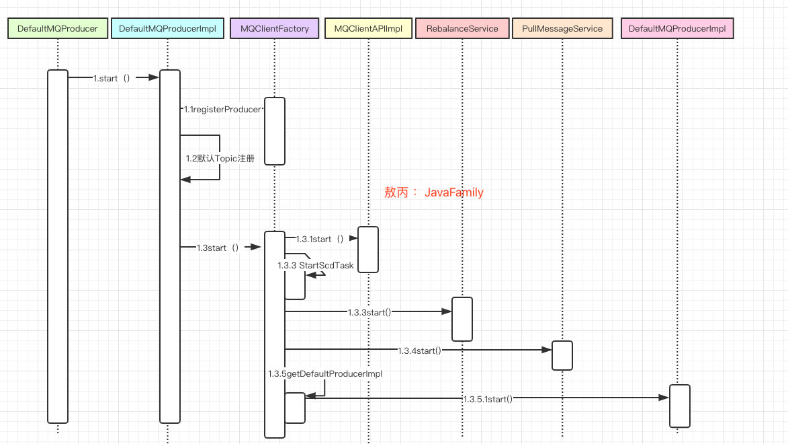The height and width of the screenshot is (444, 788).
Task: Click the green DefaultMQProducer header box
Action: click(x=58, y=29)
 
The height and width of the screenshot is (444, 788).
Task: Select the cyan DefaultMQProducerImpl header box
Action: click(x=167, y=29)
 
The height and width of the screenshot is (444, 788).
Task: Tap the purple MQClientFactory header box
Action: click(x=275, y=29)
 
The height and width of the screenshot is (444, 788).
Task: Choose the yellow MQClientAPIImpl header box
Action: click(x=368, y=29)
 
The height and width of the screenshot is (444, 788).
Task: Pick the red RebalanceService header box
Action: click(x=462, y=29)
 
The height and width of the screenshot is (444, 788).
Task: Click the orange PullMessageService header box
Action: click(x=562, y=29)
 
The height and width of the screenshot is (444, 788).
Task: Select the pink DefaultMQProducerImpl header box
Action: click(x=677, y=29)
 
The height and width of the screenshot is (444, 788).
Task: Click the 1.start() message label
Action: click(x=112, y=78)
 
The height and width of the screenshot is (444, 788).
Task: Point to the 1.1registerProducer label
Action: click(x=222, y=109)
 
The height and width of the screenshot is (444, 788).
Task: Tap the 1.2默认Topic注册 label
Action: click(x=220, y=159)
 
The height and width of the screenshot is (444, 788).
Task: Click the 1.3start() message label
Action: click(x=218, y=248)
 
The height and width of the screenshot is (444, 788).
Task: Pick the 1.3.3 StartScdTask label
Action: click(x=316, y=266)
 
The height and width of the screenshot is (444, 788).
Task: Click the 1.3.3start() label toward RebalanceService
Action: click(x=369, y=312)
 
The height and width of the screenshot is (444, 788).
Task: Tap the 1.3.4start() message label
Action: click(x=420, y=350)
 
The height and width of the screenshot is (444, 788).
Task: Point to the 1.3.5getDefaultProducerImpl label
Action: click(x=325, y=373)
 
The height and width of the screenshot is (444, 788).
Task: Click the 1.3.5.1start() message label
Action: click(x=488, y=399)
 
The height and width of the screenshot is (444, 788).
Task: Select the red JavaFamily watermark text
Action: click(x=434, y=192)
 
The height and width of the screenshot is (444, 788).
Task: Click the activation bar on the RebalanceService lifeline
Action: click(x=462, y=319)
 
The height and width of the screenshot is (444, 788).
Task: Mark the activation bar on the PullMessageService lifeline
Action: click(x=562, y=355)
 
